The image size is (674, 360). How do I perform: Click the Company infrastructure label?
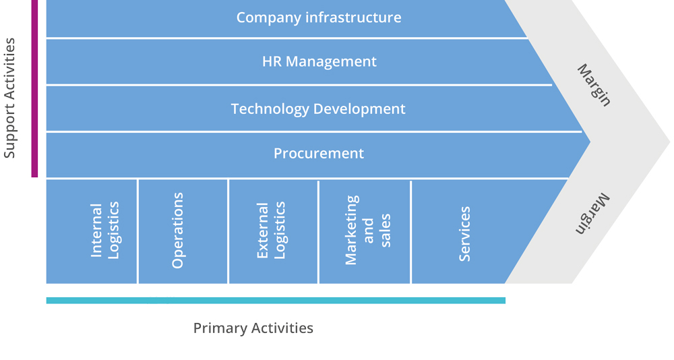(x=319, y=18)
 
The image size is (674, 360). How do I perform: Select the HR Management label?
(x=319, y=61)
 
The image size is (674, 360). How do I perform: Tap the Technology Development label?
(x=318, y=109)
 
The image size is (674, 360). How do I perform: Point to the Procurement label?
(x=319, y=153)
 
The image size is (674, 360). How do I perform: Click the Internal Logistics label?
(x=104, y=231)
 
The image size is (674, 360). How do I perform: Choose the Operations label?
(x=177, y=231)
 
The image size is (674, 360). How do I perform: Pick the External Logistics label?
(x=271, y=231)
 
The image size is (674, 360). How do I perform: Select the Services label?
(x=464, y=234)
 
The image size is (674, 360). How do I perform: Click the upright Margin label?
(x=594, y=85)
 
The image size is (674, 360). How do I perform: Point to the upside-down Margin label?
(x=592, y=214)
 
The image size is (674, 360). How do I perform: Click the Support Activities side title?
(x=9, y=98)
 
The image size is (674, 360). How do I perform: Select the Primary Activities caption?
(x=253, y=328)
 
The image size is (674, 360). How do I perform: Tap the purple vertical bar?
(x=34, y=88)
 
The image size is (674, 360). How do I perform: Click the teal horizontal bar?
(x=276, y=300)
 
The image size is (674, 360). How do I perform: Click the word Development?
(x=359, y=109)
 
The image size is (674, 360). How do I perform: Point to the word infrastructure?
(x=353, y=18)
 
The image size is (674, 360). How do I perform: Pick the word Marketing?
(x=351, y=231)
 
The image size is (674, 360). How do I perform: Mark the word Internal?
(x=96, y=231)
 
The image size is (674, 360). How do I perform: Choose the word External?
(x=263, y=231)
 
